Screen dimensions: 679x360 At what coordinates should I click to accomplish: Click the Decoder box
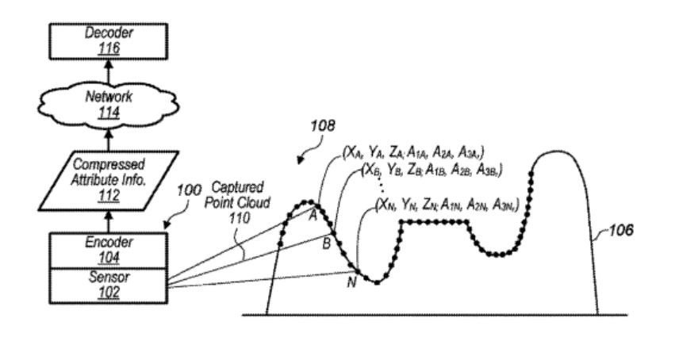pos(108,41)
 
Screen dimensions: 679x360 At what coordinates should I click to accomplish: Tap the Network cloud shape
pos(108,105)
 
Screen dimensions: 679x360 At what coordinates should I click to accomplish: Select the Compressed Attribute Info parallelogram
pos(108,181)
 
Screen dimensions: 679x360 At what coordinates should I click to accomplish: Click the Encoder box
pos(108,250)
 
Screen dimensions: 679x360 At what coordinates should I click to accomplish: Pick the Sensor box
pos(108,285)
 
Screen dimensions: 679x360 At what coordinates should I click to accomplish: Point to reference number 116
pos(109,48)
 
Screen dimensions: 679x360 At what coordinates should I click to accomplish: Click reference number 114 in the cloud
pos(109,113)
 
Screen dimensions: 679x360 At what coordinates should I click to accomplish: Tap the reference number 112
pos(109,196)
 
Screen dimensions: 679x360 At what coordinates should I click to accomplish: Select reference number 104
pos(109,258)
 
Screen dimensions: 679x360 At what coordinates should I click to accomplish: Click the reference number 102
pos(109,293)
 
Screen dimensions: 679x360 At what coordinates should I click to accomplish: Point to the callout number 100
pos(189,190)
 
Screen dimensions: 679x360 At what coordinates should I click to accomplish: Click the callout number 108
pos(323,125)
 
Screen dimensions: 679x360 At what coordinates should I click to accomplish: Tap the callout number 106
pos(621,230)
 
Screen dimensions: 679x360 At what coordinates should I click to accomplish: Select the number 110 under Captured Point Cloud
pos(240,217)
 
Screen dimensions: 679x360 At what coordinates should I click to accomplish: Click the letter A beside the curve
pos(313,216)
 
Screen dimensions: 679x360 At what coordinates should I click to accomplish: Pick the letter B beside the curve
pos(327,243)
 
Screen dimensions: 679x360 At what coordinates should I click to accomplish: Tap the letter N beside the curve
pos(351,282)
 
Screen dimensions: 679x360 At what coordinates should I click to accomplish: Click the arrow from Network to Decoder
pos(109,72)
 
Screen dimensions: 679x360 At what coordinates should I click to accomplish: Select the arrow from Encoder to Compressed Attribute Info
pos(109,222)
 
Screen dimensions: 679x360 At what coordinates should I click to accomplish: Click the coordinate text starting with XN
pos(447,205)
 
